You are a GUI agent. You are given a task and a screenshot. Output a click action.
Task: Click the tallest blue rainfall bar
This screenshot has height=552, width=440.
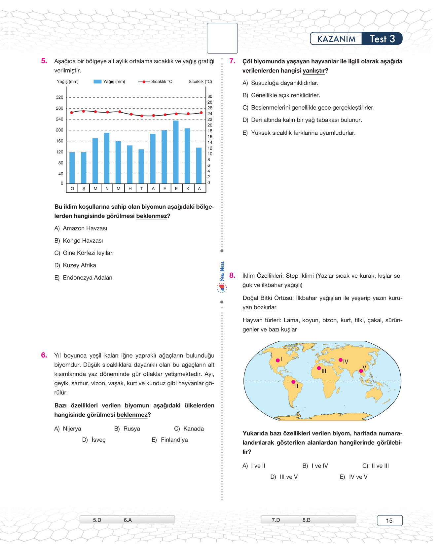point(176,152)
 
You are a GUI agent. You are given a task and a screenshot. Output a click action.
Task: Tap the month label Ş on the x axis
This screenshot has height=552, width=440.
point(84,189)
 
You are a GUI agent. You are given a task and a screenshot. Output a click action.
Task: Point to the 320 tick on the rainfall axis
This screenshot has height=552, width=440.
point(59,97)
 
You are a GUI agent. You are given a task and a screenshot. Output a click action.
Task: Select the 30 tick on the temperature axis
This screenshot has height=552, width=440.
point(210,96)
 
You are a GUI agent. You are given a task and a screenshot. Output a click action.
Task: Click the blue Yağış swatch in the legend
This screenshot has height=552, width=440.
point(97,82)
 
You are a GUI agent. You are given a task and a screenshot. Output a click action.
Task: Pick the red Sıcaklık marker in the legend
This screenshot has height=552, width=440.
point(144,82)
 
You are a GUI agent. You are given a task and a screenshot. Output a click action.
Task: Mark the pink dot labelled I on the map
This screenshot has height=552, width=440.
point(278,360)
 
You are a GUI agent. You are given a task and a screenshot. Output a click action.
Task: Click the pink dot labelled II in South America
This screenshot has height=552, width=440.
point(293,382)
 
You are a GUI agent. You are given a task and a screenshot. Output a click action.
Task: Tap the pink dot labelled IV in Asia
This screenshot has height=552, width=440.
point(341,360)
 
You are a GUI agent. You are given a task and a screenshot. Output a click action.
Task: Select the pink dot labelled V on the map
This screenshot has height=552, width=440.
point(361,371)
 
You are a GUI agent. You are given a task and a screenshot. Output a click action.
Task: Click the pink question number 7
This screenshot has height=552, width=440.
point(232,61)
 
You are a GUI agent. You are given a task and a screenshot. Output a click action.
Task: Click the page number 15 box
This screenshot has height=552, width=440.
point(389,521)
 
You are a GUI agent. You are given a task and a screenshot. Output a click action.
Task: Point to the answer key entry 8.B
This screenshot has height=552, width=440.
point(307,520)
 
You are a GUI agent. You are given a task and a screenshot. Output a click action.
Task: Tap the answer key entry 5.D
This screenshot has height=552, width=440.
point(97,520)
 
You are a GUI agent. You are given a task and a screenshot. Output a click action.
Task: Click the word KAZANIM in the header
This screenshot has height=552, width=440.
point(336,39)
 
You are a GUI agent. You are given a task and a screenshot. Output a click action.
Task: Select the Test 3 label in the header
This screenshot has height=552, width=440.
point(382,39)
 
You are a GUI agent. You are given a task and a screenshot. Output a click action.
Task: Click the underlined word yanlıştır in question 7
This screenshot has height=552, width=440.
point(314,71)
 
